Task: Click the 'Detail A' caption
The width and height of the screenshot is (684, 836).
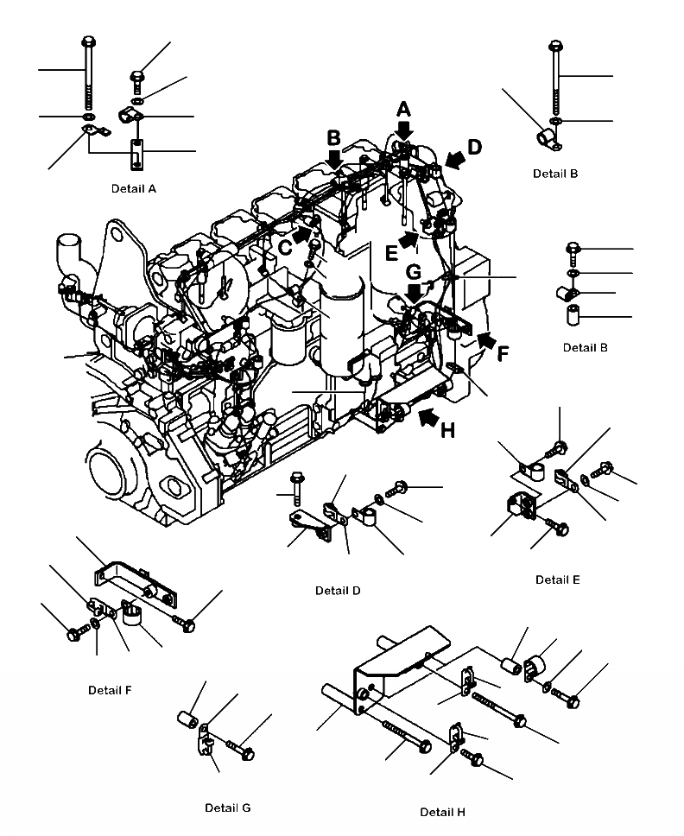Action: pyautogui.click(x=133, y=187)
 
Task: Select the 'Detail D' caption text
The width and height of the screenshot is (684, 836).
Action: pyautogui.click(x=338, y=591)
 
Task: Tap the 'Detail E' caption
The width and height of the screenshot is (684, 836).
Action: pyautogui.click(x=557, y=579)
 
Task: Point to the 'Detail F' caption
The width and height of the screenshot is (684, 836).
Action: pyautogui.click(x=110, y=690)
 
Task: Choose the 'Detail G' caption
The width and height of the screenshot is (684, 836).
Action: pyautogui.click(x=227, y=807)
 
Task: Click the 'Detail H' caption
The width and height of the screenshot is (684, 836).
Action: pyautogui.click(x=442, y=812)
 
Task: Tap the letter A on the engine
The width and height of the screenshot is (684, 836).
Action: pyautogui.click(x=403, y=109)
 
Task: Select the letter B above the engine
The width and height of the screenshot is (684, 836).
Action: pyautogui.click(x=333, y=136)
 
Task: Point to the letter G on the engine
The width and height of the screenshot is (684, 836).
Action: pyautogui.click(x=413, y=271)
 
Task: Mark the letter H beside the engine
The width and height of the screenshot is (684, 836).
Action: pyautogui.click(x=446, y=429)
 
